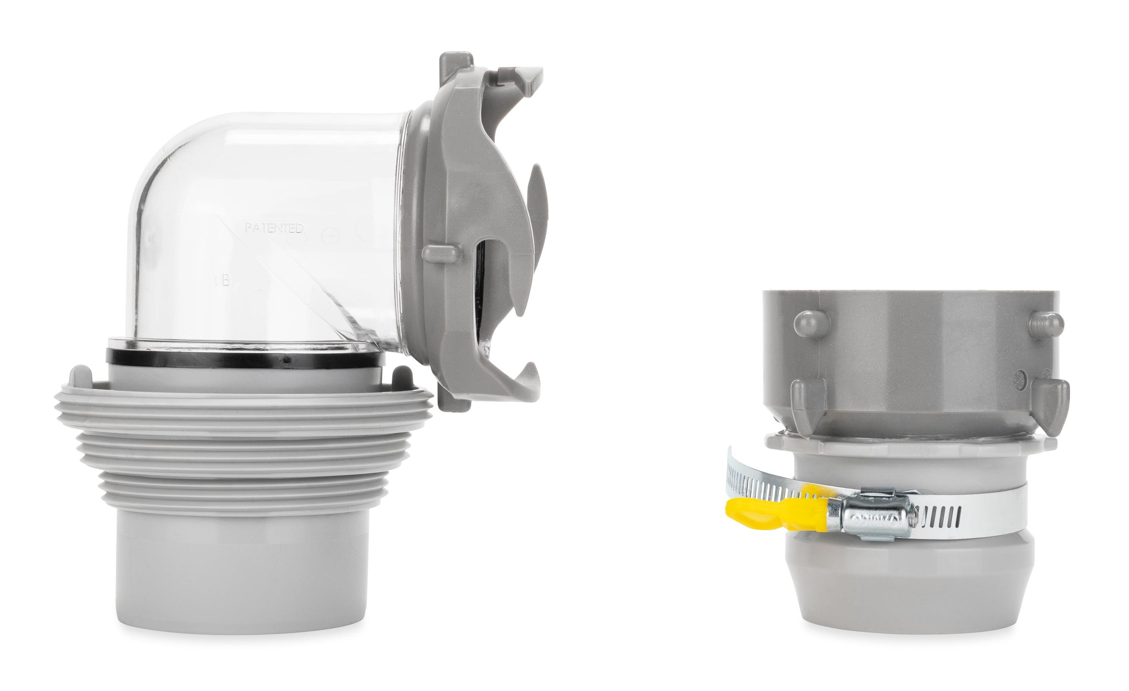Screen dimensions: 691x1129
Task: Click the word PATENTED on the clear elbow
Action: (274, 228)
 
